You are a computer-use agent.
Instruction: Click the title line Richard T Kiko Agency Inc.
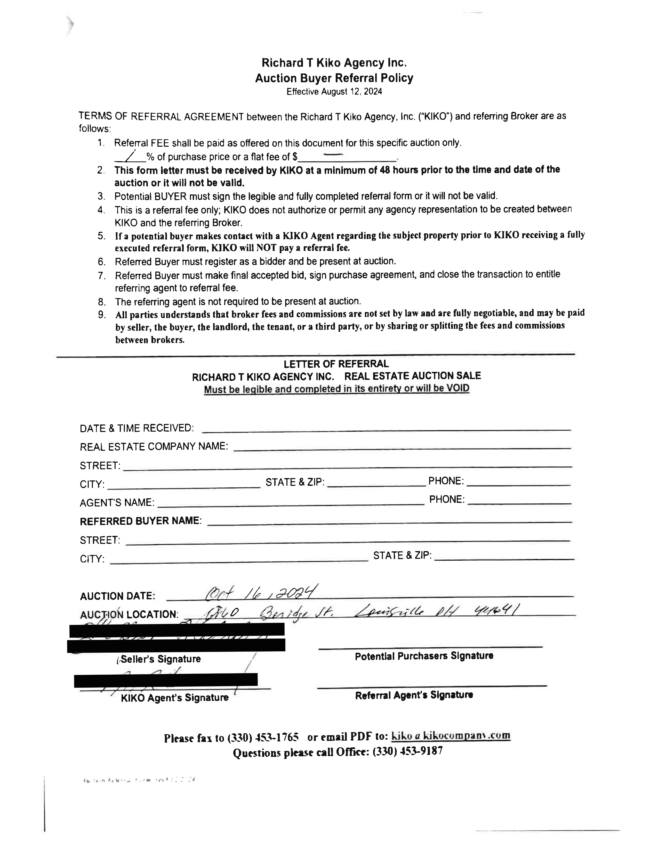[x=334, y=63]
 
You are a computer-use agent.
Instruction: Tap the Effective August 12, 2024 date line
[x=334, y=92]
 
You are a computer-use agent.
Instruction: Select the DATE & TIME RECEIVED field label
[x=137, y=428]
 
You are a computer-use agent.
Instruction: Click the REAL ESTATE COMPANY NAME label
[x=154, y=447]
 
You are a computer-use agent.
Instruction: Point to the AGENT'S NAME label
[x=117, y=503]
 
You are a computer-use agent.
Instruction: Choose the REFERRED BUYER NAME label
[x=140, y=521]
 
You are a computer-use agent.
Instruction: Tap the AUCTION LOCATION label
[x=129, y=615]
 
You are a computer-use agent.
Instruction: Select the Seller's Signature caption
[x=160, y=659]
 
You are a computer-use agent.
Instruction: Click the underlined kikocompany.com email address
[x=451, y=736]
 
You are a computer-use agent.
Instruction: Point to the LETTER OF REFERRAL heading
[x=336, y=364]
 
